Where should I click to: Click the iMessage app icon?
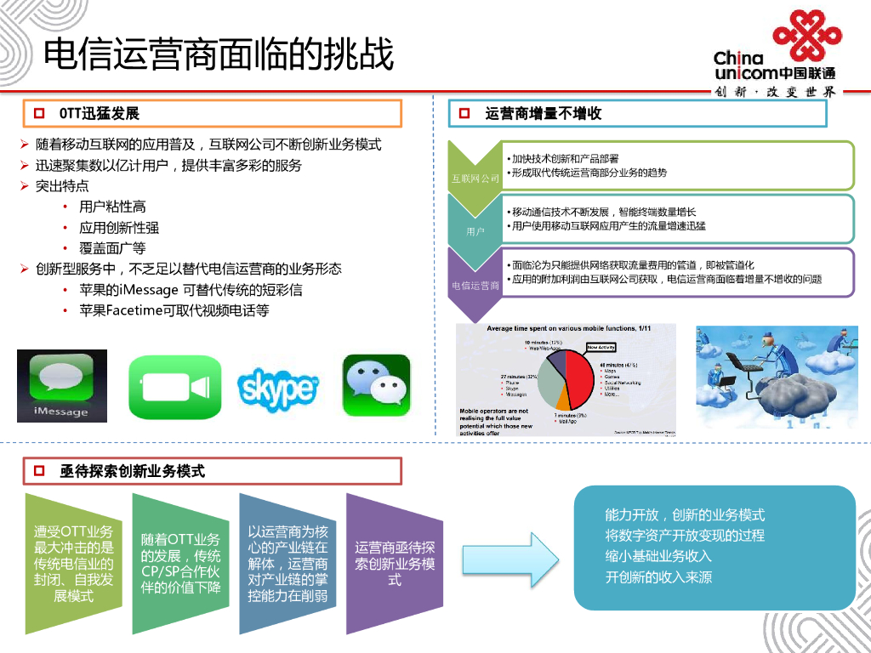point(62,385)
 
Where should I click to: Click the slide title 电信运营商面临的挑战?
point(219,55)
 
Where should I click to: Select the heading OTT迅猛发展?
point(99,113)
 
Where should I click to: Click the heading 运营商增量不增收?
point(544,113)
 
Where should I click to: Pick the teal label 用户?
point(475,230)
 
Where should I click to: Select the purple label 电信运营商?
point(475,286)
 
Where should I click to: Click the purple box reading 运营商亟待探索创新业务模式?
point(394,562)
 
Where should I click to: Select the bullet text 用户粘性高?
point(112,207)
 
